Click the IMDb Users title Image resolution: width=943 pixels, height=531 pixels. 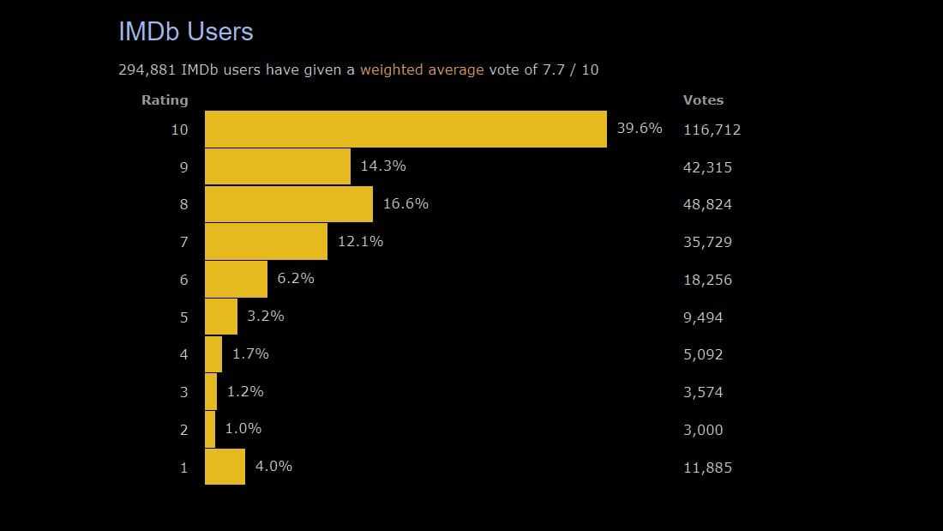[x=185, y=32]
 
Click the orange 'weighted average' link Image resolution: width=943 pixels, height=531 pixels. [x=422, y=69]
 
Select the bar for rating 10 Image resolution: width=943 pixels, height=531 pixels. [x=405, y=129]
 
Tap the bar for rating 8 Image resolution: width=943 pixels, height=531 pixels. [x=289, y=204]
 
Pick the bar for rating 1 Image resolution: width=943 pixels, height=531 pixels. [x=225, y=467]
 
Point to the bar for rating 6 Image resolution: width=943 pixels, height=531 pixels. [x=236, y=279]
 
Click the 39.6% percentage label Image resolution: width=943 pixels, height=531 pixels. [x=640, y=128]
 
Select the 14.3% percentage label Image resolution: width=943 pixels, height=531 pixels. [x=383, y=166]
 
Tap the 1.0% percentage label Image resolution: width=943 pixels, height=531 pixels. [x=243, y=428]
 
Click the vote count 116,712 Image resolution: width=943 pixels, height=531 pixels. [x=712, y=130]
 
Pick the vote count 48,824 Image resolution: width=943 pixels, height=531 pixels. [x=707, y=204]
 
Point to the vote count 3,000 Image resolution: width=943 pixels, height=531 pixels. [x=703, y=430]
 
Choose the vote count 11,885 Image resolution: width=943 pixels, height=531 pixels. [x=707, y=468]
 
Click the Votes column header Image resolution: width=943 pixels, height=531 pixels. [x=703, y=100]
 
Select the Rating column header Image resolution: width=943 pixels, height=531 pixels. [x=165, y=100]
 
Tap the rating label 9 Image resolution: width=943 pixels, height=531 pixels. [x=183, y=167]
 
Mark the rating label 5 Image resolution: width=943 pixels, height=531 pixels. [x=183, y=317]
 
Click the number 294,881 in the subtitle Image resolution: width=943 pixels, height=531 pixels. [x=147, y=69]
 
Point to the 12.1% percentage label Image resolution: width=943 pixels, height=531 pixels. [x=360, y=241]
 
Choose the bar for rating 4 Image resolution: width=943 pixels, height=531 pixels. [x=213, y=353]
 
